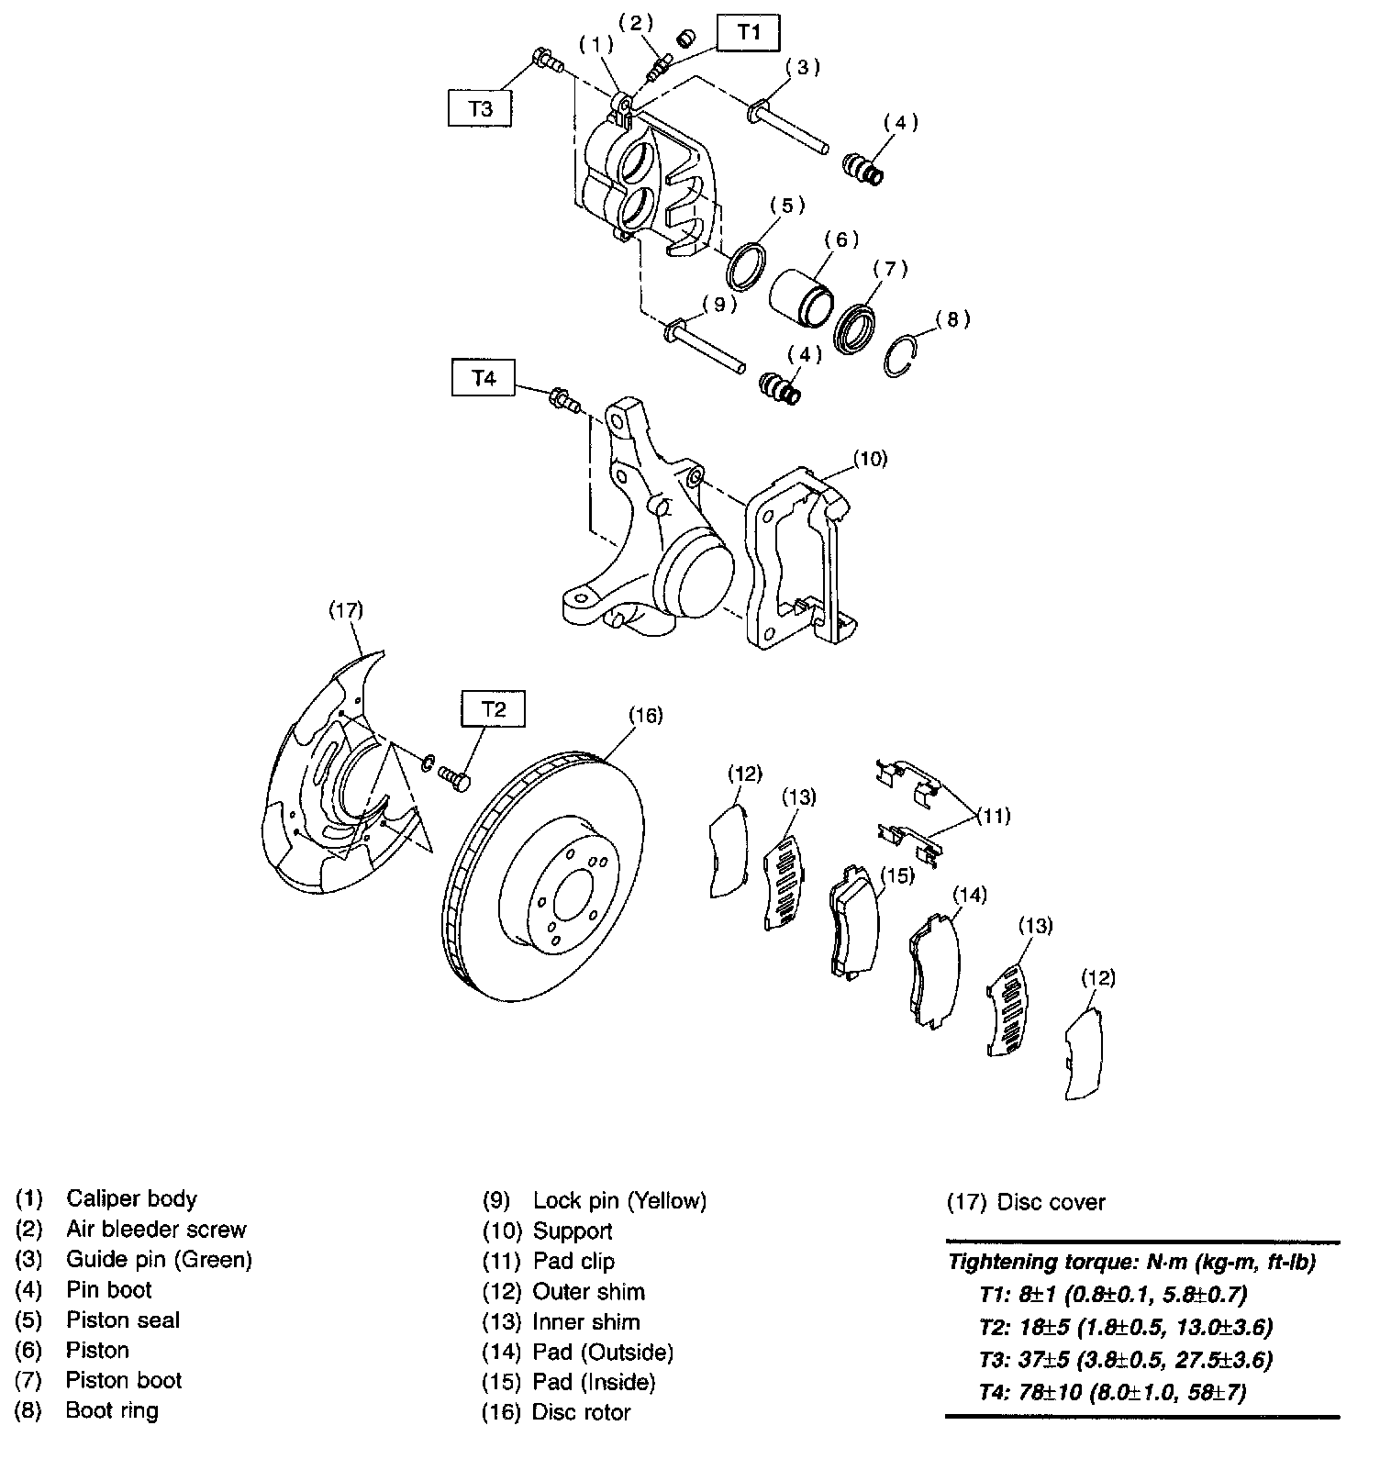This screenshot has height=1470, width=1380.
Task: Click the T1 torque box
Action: pos(749,33)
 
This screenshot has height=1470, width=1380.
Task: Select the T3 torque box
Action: pos(480,108)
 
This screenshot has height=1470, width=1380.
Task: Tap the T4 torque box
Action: pos(484,378)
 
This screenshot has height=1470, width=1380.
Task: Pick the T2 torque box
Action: pos(494,709)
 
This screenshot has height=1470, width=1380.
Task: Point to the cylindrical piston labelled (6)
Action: pos(800,290)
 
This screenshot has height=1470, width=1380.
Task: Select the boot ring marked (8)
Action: pos(901,354)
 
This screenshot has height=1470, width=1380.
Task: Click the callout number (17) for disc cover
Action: pos(346,609)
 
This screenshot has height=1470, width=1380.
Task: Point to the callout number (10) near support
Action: pos(870,458)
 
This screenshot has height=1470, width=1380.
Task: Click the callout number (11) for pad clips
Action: pos(992,815)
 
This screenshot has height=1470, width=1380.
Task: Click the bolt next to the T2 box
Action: pos(453,778)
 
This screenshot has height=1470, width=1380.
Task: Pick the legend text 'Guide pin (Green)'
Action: pos(159,1259)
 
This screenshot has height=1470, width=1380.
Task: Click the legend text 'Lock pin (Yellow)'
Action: pos(619,1200)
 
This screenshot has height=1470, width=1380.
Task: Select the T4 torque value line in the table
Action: pos(1112,1392)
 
